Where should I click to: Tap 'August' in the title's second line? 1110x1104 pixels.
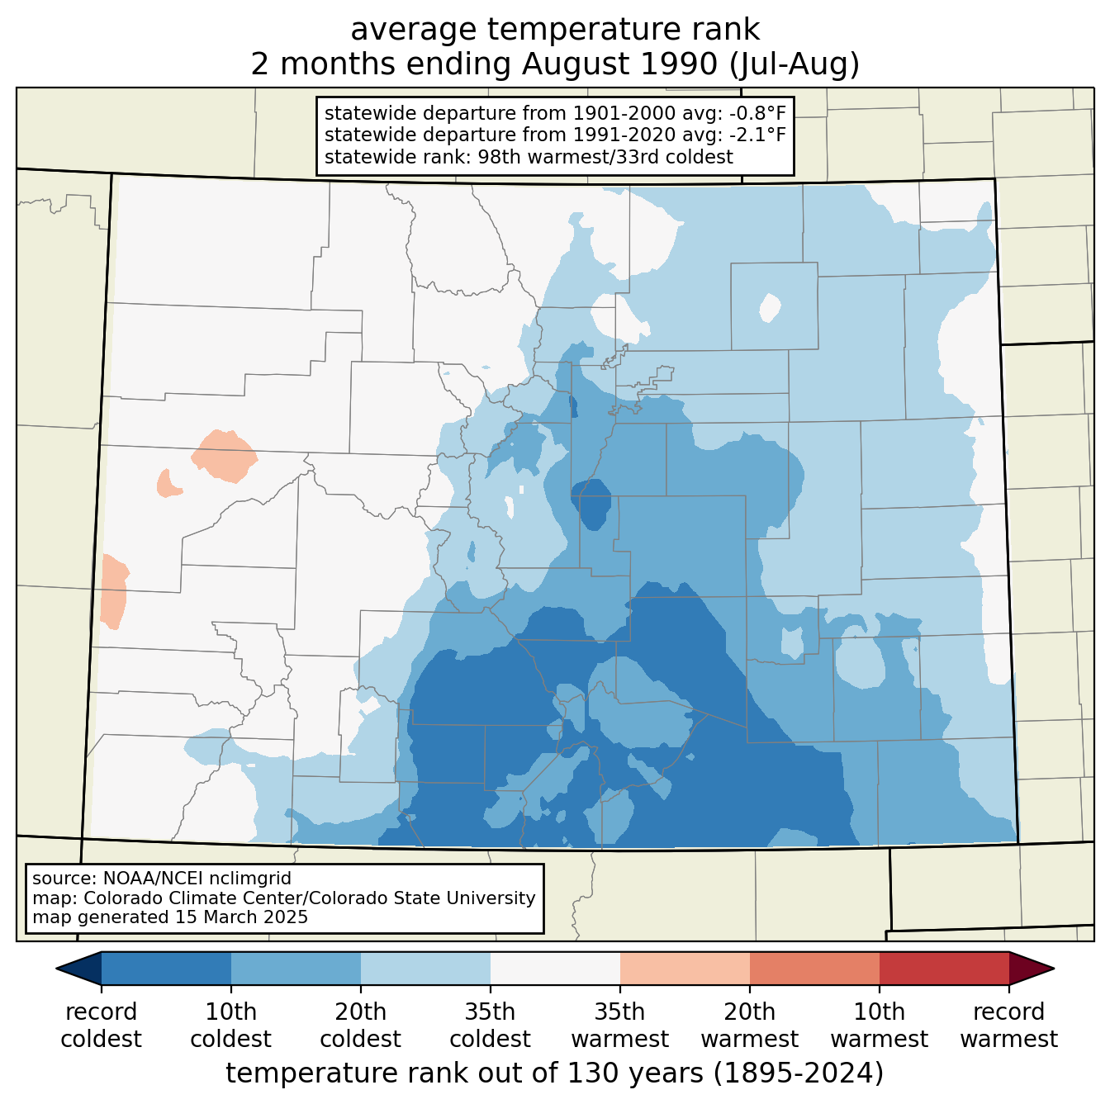click(x=619, y=64)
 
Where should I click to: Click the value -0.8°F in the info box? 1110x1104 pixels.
click(x=753, y=113)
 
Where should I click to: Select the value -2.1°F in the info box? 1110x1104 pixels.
click(x=756, y=135)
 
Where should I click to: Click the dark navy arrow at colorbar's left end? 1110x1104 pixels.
click(x=80, y=968)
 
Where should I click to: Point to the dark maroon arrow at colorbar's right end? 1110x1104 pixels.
click(x=1031, y=968)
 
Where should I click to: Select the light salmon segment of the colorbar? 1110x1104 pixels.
click(x=685, y=968)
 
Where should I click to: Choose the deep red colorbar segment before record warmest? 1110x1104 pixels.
click(x=943, y=968)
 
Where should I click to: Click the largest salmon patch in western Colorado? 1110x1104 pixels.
click(x=224, y=455)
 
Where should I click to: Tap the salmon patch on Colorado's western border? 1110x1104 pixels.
click(x=113, y=591)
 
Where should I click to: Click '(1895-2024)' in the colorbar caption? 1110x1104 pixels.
click(x=799, y=1073)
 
